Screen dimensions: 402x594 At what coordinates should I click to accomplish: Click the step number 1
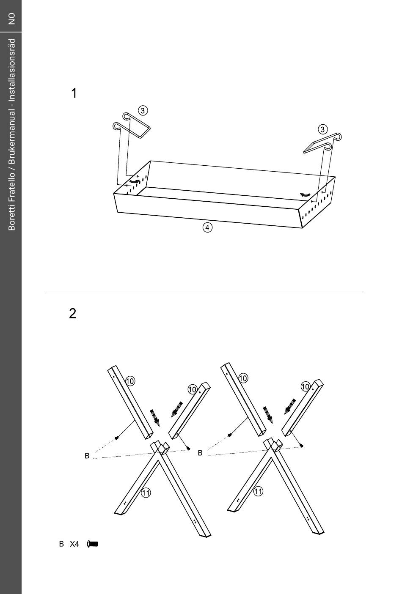pos(74,93)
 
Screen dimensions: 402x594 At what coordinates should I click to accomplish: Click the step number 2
pos(73,314)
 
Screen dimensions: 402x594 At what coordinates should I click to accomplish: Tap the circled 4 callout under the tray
pos(207,227)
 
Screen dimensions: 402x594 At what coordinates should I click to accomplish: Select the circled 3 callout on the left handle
pos(143,111)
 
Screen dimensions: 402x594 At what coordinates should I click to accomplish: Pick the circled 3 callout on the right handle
pos(322,129)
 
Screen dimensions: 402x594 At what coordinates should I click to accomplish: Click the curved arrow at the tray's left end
pos(135,181)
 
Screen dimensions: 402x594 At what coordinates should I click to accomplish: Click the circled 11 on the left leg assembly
pos(146,493)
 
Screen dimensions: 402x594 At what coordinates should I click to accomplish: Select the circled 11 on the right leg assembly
pos(258,491)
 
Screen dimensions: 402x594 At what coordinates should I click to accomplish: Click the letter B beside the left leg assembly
pos(87,456)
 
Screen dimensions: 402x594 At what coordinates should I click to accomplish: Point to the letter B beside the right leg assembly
pos(200,453)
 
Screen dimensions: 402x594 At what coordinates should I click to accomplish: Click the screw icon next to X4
pos(92,544)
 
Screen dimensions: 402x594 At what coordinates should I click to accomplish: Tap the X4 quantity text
pos(74,544)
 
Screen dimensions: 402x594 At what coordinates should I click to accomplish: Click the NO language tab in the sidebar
pos(11,18)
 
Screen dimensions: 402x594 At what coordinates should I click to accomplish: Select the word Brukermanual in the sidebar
pos(11,143)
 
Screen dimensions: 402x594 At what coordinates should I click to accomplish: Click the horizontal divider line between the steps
pos(205,292)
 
